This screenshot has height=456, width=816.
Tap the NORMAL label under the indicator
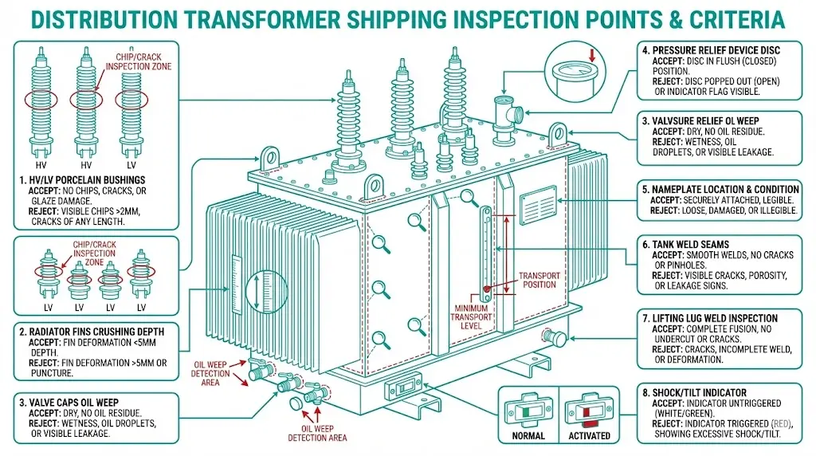[x=528, y=435]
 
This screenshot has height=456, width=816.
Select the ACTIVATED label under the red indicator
[x=590, y=435]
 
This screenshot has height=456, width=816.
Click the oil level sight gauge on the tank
[x=484, y=248]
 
